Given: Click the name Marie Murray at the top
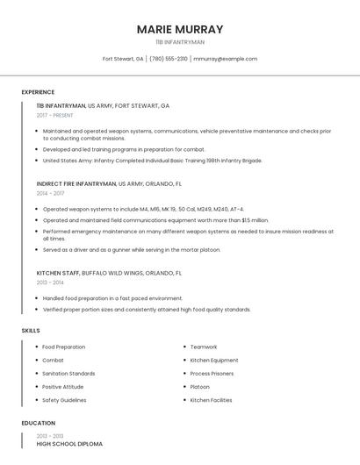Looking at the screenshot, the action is point(180,29).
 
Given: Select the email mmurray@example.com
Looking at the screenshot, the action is point(225,59).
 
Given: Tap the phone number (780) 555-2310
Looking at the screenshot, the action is point(169,59).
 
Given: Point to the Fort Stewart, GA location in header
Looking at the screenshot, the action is point(123,59).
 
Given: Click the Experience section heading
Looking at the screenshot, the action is point(38,92).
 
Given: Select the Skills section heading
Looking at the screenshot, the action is point(31,331).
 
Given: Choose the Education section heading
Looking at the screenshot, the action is point(38,423).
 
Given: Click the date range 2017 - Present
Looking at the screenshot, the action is point(54,115).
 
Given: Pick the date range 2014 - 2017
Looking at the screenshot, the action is point(50,193).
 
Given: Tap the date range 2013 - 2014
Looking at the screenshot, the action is point(50,283).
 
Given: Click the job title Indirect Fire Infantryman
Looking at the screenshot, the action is point(76,184).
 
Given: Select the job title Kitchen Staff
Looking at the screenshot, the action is point(58,273).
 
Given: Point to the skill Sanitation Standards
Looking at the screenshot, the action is point(68,374).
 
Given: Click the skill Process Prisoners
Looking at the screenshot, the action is point(212,374).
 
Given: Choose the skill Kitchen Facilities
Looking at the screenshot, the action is point(212,400).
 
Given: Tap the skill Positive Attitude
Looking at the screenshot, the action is point(63,387).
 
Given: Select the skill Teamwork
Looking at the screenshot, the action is point(204,347).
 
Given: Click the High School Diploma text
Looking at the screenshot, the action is point(69,444).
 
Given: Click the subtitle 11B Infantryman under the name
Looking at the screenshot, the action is point(180,42).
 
